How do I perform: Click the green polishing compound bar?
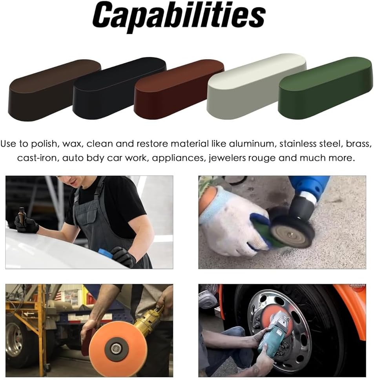[x=325, y=88]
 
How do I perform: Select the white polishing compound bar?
[x=257, y=86]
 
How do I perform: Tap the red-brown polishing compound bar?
[x=179, y=89]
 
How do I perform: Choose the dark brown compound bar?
[x=55, y=90]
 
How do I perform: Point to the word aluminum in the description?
[x=252, y=144]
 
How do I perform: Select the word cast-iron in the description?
[x=38, y=158]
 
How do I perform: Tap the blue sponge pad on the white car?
[x=105, y=253]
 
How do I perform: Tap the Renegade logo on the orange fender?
[x=358, y=286]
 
